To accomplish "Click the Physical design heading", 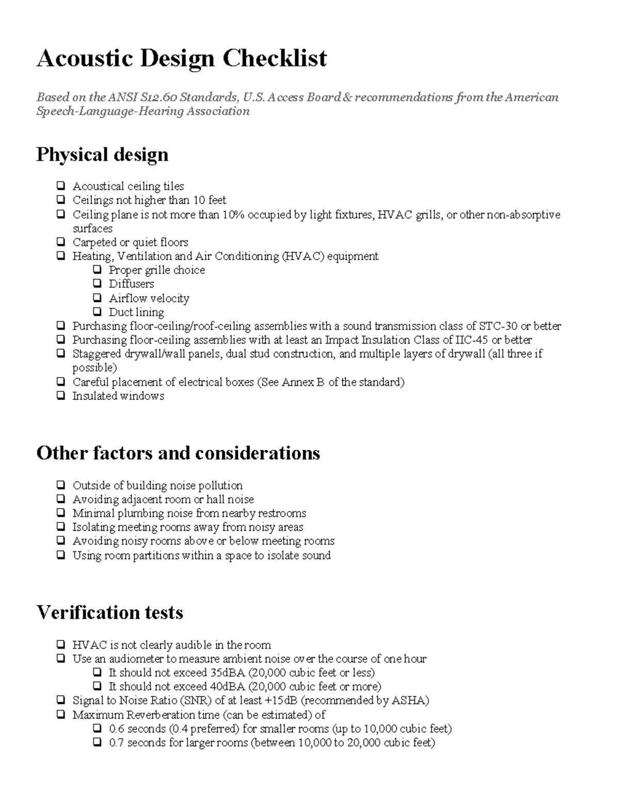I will [x=102, y=155].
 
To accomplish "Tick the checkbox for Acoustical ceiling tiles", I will [x=61, y=186].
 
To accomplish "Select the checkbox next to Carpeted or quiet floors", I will [x=61, y=242].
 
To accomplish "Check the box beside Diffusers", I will [x=97, y=284].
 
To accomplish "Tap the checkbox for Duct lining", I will [x=97, y=312].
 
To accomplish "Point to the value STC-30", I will [x=498, y=326].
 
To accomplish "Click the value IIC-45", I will [x=469, y=340].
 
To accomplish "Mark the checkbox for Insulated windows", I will [x=61, y=396].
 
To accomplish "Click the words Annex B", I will [x=303, y=382].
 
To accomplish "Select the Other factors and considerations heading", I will [x=178, y=453].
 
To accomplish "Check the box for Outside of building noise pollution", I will [x=61, y=485].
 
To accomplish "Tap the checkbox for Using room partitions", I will [x=61, y=555].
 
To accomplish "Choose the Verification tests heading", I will [x=110, y=613].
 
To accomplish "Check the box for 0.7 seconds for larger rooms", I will [x=97, y=743].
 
